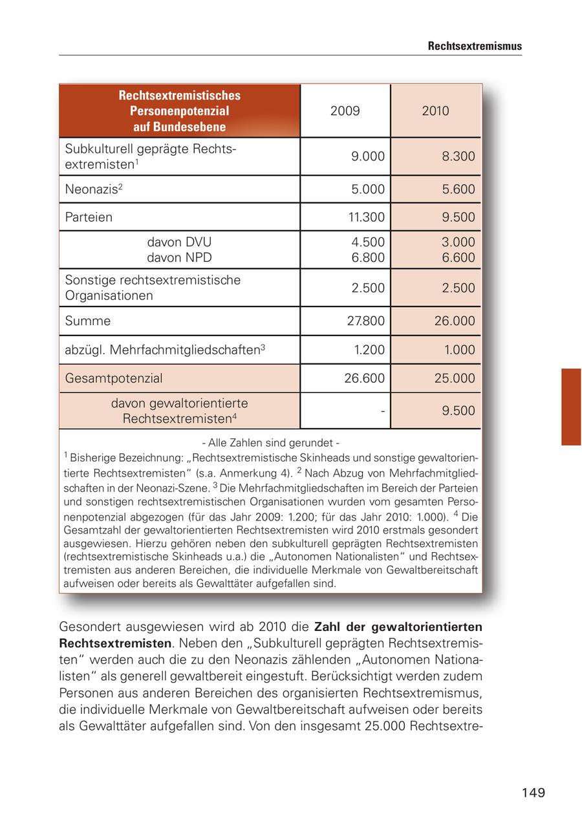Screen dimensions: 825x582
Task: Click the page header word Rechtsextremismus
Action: [475, 47]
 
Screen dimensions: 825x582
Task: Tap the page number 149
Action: [533, 793]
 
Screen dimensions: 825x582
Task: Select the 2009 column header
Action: [345, 111]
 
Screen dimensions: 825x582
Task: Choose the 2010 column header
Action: [435, 111]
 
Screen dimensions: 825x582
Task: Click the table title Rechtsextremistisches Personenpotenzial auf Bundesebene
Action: [179, 111]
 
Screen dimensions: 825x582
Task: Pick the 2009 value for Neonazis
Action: [367, 189]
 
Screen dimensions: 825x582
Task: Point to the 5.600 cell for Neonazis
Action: [458, 189]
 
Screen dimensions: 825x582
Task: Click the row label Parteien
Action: [89, 217]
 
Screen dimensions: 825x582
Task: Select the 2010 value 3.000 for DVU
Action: [458, 242]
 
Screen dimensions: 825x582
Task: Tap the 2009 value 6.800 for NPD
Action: [367, 257]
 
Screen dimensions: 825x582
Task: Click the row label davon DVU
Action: [179, 242]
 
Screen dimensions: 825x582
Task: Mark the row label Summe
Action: [87, 321]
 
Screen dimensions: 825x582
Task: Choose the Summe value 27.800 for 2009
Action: [364, 321]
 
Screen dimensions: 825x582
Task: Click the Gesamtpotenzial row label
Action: [114, 378]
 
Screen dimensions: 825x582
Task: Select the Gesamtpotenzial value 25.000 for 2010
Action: [455, 378]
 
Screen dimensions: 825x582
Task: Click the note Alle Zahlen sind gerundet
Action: [270, 443]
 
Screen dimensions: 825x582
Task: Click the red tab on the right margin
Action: [571, 407]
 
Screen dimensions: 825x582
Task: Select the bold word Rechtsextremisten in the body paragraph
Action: [116, 643]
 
